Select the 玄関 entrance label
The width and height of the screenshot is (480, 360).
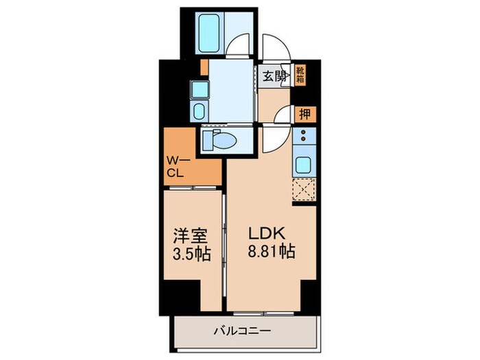276,76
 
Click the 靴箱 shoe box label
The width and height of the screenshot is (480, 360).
300,74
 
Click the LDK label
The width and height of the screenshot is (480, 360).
265,233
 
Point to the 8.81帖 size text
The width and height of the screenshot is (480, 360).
272,252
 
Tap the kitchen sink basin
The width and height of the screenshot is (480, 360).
302,165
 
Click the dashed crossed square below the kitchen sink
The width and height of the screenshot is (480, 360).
302,189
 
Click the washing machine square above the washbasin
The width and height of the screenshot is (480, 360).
197,89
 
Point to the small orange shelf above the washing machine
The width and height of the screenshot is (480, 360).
204,67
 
